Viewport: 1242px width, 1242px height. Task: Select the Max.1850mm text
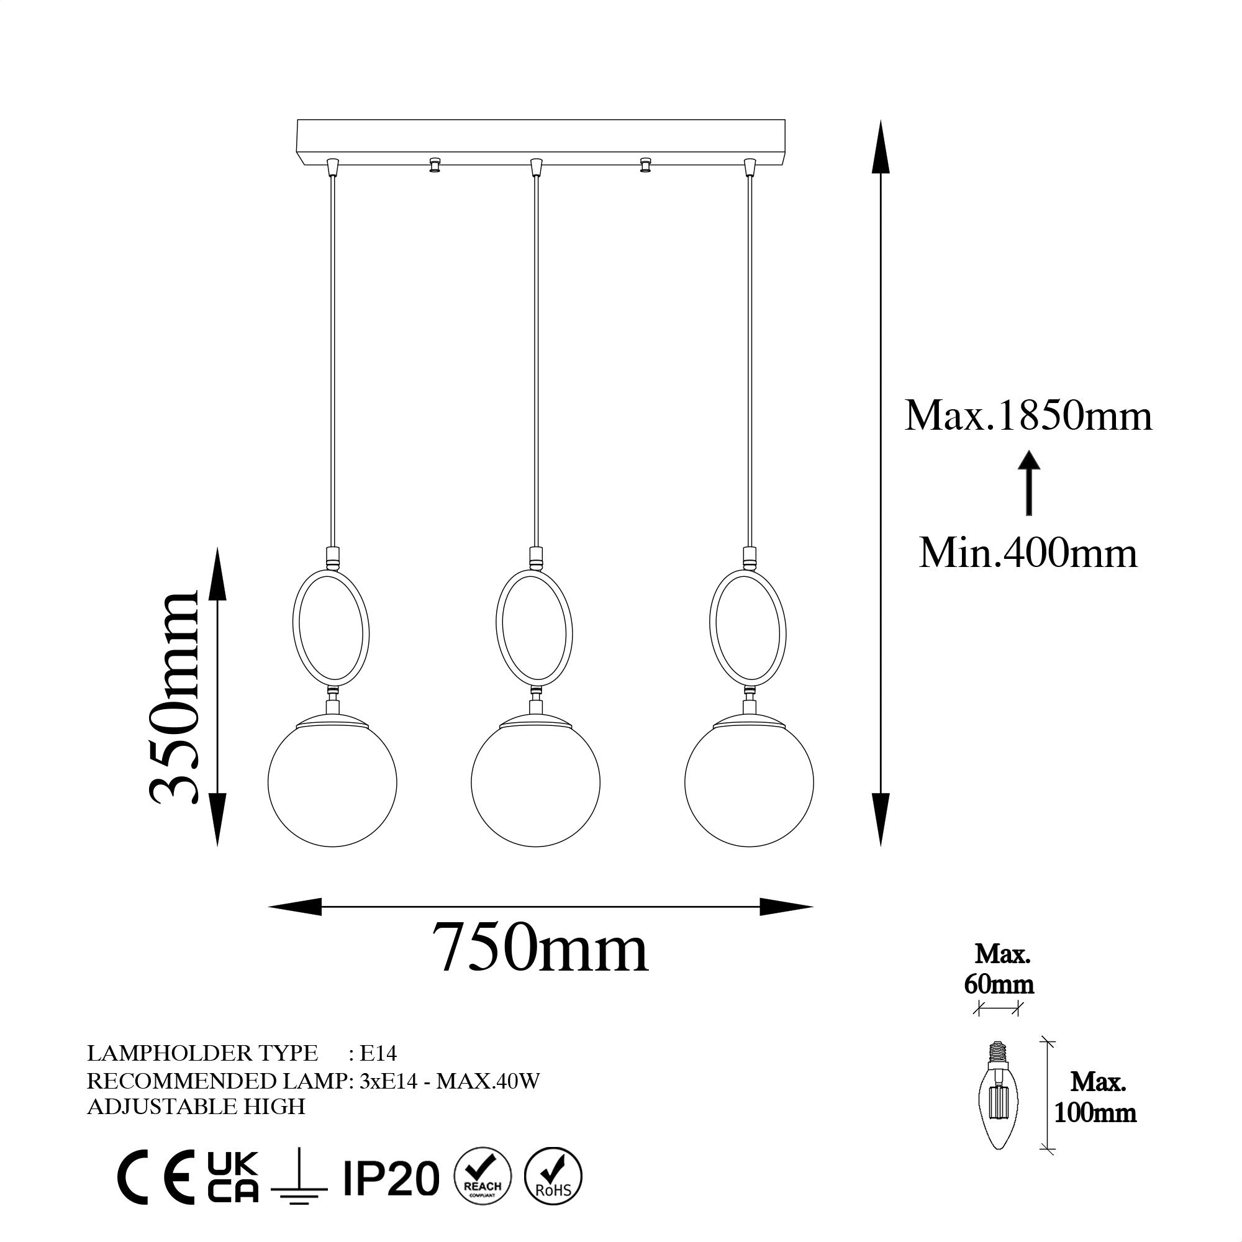point(1028,416)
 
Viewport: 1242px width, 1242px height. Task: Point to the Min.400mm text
point(1028,553)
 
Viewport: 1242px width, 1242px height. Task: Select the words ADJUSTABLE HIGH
point(196,1107)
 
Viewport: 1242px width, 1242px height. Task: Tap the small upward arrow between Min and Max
point(1030,483)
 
